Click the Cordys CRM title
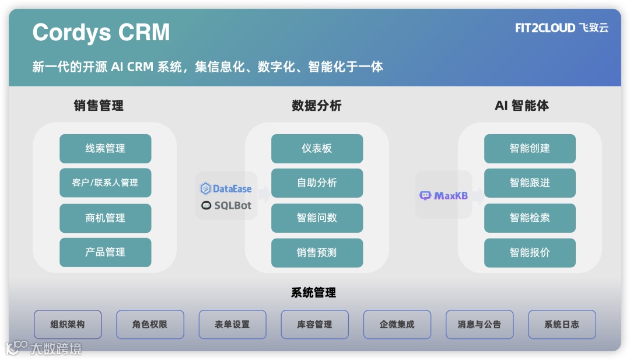[x=101, y=33]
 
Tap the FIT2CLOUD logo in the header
[x=561, y=28]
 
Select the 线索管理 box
[x=105, y=148]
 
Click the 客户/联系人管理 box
[x=105, y=183]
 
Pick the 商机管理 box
[x=105, y=218]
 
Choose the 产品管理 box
[x=105, y=252]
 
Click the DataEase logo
[x=226, y=188]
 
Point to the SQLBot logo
[x=226, y=205]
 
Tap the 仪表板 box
[x=317, y=148]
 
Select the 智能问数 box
[x=317, y=218]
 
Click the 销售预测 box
[x=317, y=253]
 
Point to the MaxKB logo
[x=443, y=195]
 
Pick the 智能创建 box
[x=530, y=148]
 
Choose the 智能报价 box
[x=530, y=253]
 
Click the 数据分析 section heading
[x=316, y=106]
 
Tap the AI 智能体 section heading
[x=521, y=106]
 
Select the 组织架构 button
[x=68, y=324]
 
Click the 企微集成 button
[x=397, y=324]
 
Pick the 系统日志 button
[x=562, y=324]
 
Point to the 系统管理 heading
[x=313, y=293]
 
